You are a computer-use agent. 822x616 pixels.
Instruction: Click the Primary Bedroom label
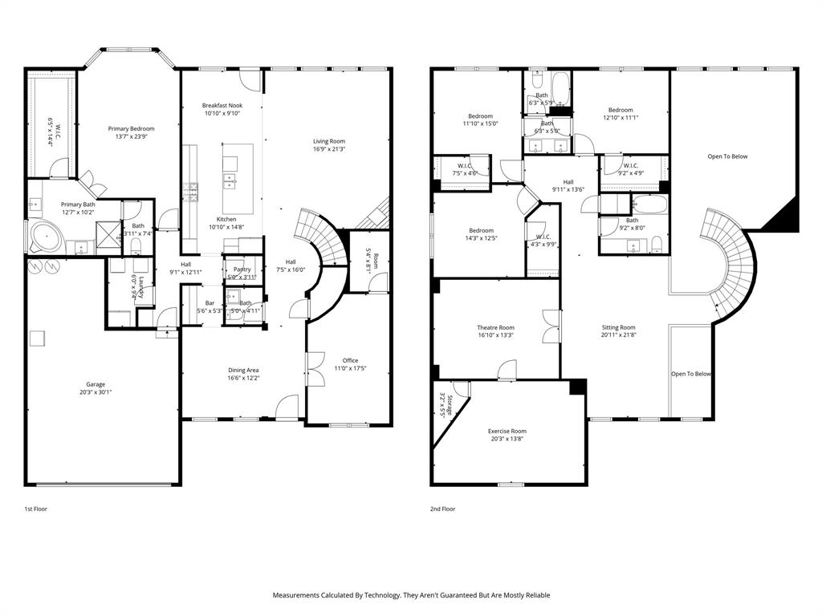pyautogui.click(x=132, y=128)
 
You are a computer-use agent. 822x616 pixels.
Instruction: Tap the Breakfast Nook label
pyautogui.click(x=222, y=105)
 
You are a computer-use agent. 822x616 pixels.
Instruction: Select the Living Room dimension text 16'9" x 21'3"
pyautogui.click(x=329, y=149)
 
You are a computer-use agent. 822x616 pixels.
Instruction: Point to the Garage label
pyautogui.click(x=96, y=384)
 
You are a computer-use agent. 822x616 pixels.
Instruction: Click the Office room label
pyautogui.click(x=350, y=360)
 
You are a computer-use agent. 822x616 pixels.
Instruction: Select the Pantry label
pyautogui.click(x=238, y=269)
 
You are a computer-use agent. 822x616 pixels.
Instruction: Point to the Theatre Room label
pyautogui.click(x=495, y=327)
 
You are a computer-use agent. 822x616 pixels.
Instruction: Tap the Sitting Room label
pyautogui.click(x=619, y=327)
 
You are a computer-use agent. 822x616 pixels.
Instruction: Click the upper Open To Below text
pyautogui.click(x=727, y=156)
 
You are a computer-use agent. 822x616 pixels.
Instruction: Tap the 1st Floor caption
pyautogui.click(x=35, y=509)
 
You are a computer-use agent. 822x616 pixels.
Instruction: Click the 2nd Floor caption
pyautogui.click(x=443, y=509)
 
